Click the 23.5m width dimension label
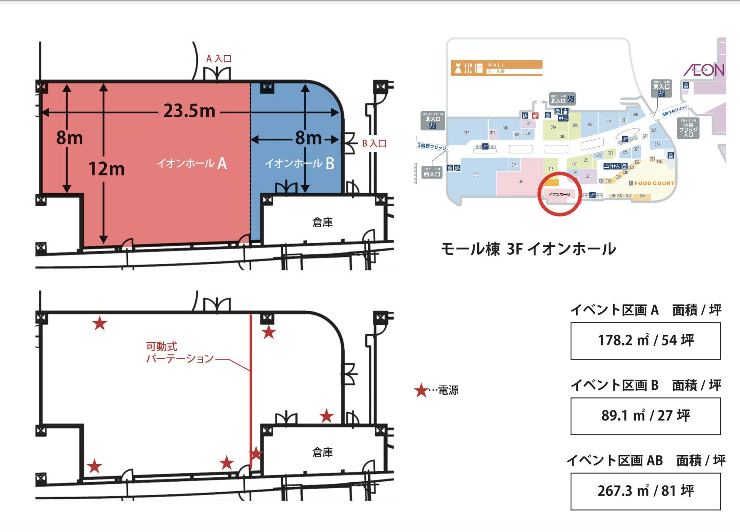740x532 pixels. pyautogui.click(x=189, y=111)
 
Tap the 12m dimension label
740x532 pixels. pyautogui.click(x=106, y=168)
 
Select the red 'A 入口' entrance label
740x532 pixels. pyautogui.click(x=218, y=59)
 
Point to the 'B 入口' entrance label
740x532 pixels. pyautogui.click(x=374, y=143)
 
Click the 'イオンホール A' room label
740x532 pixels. pyautogui.click(x=192, y=164)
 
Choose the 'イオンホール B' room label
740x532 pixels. pyautogui.click(x=300, y=164)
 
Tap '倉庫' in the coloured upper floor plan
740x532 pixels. pyautogui.click(x=322, y=222)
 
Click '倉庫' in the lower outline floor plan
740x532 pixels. pyautogui.click(x=322, y=452)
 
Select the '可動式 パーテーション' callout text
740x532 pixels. pyautogui.click(x=180, y=353)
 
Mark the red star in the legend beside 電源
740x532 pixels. pyautogui.click(x=421, y=390)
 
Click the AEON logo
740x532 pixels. pyautogui.click(x=704, y=70)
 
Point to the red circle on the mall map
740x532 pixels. pyautogui.click(x=559, y=195)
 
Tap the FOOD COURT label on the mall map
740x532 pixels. pyautogui.click(x=654, y=183)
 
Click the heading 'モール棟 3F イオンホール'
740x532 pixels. pyautogui.click(x=528, y=249)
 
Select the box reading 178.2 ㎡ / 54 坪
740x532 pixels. pyautogui.click(x=645, y=341)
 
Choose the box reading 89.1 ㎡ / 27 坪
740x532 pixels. pyautogui.click(x=645, y=416)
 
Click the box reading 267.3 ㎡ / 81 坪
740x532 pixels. pyautogui.click(x=645, y=491)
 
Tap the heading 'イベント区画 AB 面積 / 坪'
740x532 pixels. pyautogui.click(x=645, y=461)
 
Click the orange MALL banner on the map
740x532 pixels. pyautogui.click(x=497, y=68)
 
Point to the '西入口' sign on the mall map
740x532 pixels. pyautogui.click(x=432, y=172)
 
